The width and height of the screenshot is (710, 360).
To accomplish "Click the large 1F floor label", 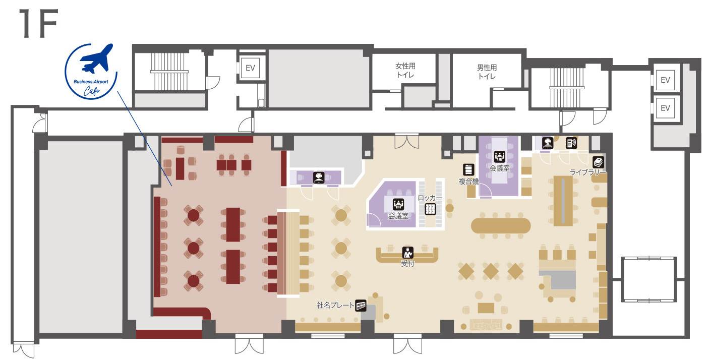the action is click(x=39, y=24).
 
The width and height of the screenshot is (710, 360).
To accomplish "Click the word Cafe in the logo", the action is click(x=92, y=91).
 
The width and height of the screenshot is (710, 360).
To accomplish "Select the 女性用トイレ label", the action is click(x=405, y=71).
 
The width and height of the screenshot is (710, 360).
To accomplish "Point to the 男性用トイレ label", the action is click(x=487, y=72).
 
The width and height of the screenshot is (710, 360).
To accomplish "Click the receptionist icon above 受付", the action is click(x=407, y=253).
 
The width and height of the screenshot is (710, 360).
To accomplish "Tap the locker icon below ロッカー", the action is click(x=430, y=209).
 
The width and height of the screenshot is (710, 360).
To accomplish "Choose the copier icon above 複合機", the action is click(x=468, y=169).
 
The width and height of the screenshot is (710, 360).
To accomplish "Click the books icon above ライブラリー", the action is click(x=598, y=162).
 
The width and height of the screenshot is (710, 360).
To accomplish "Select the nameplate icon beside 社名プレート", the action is click(x=361, y=306).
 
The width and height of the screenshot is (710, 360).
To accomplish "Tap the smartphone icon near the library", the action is click(x=571, y=143).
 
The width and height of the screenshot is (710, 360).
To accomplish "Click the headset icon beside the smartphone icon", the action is click(x=548, y=143).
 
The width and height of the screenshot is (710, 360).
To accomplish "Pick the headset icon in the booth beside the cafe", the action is click(x=319, y=177).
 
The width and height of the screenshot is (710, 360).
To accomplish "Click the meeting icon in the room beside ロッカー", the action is click(x=398, y=204).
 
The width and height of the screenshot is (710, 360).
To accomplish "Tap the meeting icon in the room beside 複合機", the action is click(x=500, y=156).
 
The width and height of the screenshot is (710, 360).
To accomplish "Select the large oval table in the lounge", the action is click(x=501, y=226).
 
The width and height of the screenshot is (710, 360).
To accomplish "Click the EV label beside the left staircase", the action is click(x=251, y=68).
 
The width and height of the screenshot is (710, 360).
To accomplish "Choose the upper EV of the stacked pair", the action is click(x=665, y=80).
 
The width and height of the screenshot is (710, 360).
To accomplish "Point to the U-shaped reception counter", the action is click(x=407, y=256).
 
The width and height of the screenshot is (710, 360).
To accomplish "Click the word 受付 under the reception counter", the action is click(x=407, y=263).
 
